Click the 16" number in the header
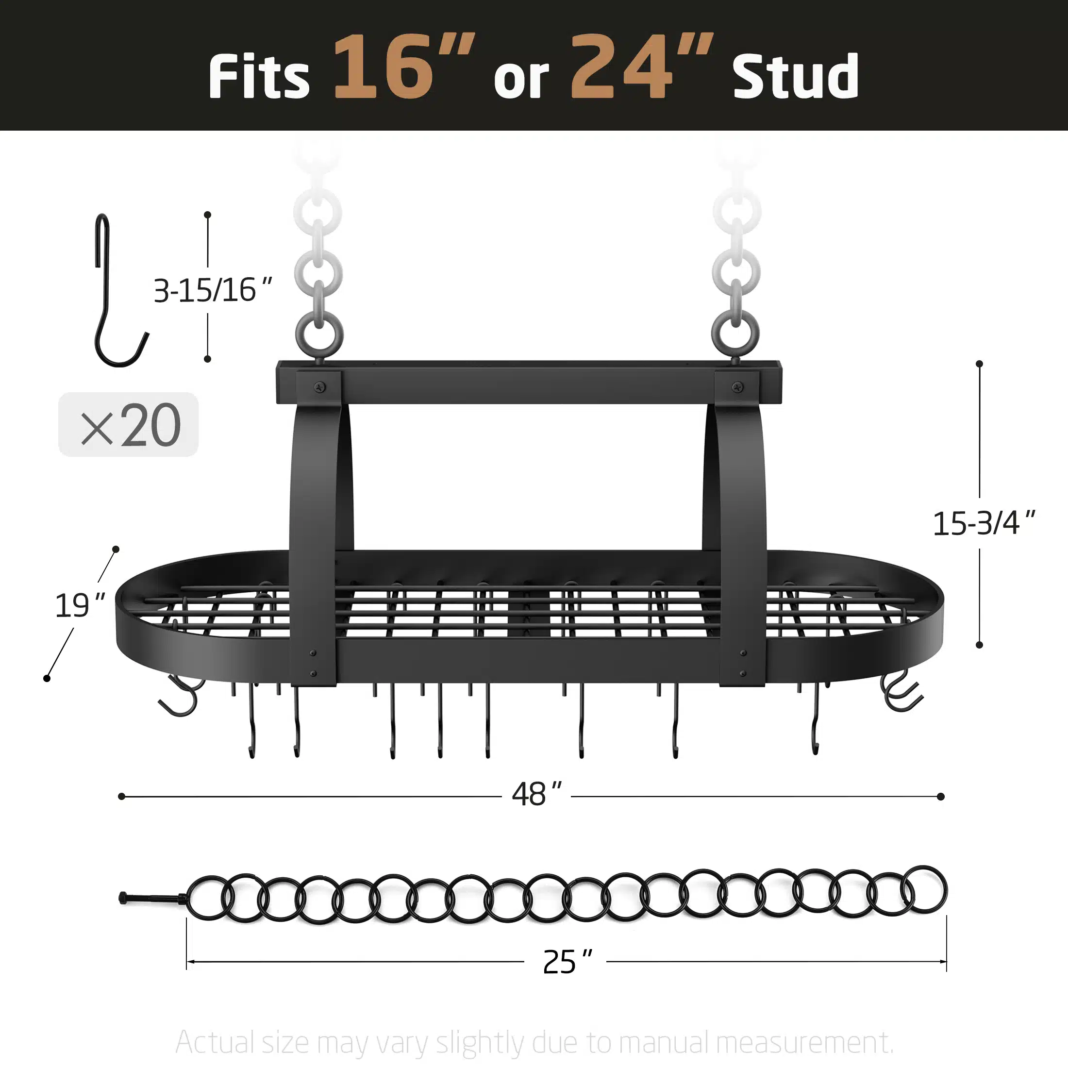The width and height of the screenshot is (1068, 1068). click(x=404, y=67)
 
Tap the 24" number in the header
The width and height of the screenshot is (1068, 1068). click(x=642, y=67)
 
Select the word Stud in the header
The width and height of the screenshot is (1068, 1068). click(x=796, y=76)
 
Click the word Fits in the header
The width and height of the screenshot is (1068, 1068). click(x=259, y=76)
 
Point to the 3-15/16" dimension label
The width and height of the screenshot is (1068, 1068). click(x=213, y=290)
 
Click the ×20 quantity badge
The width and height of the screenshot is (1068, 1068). click(x=128, y=425)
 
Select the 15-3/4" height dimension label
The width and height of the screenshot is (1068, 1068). click(x=984, y=523)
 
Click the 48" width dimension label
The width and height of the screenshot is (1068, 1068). click(x=536, y=794)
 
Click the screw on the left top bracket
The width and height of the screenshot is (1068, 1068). click(x=319, y=387)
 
